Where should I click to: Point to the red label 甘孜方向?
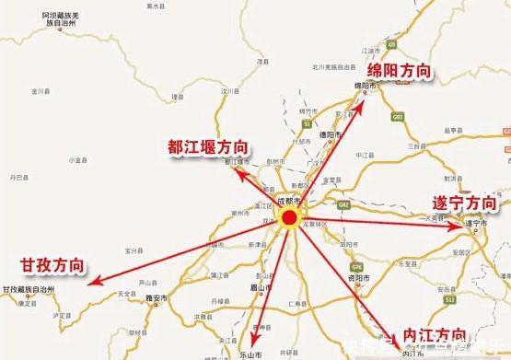[x=52, y=266]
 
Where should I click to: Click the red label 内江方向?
[x=427, y=334]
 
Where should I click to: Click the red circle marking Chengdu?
[x=289, y=218]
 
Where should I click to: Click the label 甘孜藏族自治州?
[x=29, y=289]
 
